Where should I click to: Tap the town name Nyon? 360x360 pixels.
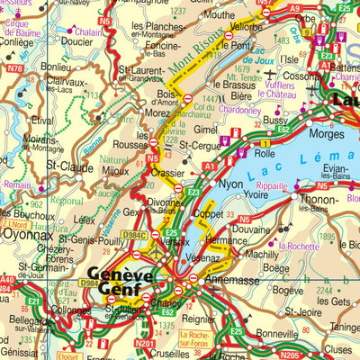tap(230, 184)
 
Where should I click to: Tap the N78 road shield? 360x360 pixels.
tap(14, 68)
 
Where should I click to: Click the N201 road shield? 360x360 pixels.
tap(144, 343)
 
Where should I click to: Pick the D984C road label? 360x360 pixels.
tap(134, 236)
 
